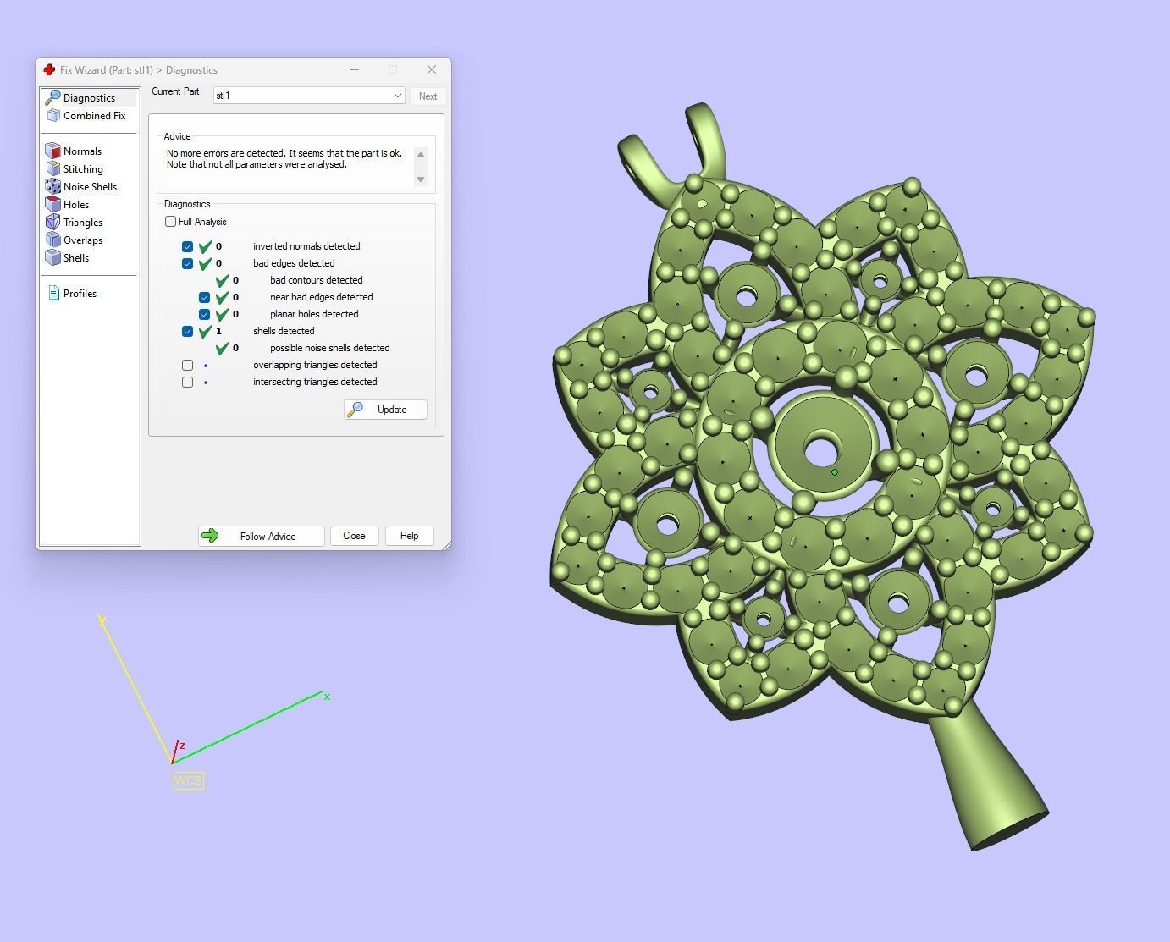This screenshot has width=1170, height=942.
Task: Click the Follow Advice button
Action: [x=261, y=536]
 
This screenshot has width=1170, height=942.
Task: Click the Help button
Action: [x=409, y=536]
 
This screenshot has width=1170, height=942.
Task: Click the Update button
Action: [x=385, y=410]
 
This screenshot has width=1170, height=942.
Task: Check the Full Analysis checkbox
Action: [x=171, y=222]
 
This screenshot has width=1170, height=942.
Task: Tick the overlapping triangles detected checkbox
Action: [x=187, y=365]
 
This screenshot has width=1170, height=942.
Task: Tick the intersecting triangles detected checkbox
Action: [x=187, y=382]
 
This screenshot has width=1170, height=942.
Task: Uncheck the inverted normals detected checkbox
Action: [x=187, y=246]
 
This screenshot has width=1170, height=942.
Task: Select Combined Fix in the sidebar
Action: [x=94, y=116]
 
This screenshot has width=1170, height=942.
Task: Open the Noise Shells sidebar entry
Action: [x=90, y=187]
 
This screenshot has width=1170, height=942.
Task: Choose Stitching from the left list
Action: [x=83, y=169]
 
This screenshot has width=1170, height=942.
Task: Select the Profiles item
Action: [x=80, y=294]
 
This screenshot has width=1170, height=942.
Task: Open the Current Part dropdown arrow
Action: [x=397, y=96]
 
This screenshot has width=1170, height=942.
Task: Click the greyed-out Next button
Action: [x=428, y=96]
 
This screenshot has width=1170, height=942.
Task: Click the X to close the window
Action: [x=432, y=69]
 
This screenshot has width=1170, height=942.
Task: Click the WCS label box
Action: [x=188, y=780]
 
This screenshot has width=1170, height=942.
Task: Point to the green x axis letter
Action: [x=327, y=697]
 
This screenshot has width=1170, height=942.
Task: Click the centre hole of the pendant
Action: [x=820, y=450]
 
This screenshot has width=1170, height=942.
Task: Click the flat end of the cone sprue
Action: [x=1010, y=831]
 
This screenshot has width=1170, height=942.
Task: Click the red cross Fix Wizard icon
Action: [x=49, y=69]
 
